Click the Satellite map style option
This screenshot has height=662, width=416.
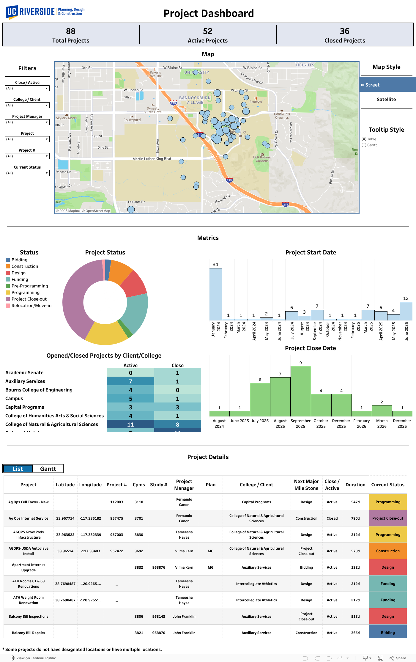[x=386, y=100]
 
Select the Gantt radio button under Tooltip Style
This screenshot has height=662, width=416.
[x=364, y=145]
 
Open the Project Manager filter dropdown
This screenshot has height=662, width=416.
[x=27, y=122]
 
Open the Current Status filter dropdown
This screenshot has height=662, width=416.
[x=27, y=173]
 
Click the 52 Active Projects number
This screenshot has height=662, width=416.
[x=207, y=31]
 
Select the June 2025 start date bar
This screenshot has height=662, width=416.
[x=406, y=311]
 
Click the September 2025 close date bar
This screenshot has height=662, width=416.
[x=300, y=391]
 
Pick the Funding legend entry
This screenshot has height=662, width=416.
[x=20, y=279]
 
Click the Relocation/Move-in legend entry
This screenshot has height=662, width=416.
[x=31, y=306]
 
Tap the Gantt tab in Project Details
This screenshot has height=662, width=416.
[x=48, y=469]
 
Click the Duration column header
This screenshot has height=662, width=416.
[x=355, y=485]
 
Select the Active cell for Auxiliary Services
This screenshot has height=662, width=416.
[x=130, y=381]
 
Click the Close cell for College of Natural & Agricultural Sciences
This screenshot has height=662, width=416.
[x=177, y=424]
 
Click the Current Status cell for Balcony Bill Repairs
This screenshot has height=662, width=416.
[x=388, y=633]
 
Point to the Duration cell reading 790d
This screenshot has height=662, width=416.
[x=355, y=518]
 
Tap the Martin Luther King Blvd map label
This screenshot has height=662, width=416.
[x=152, y=159]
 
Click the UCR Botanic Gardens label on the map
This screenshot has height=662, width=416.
[x=262, y=159]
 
